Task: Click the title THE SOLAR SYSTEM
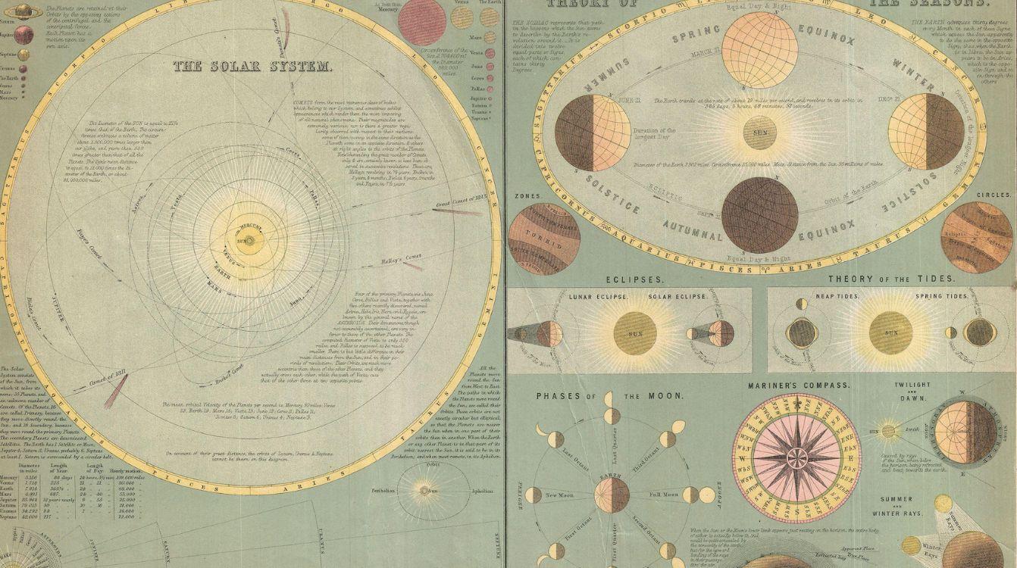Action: pos(252,66)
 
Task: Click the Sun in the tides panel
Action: pos(890,332)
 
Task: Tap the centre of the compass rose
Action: pos(796,457)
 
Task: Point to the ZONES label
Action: pos(526,196)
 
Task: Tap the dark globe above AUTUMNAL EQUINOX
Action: pos(759,215)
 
